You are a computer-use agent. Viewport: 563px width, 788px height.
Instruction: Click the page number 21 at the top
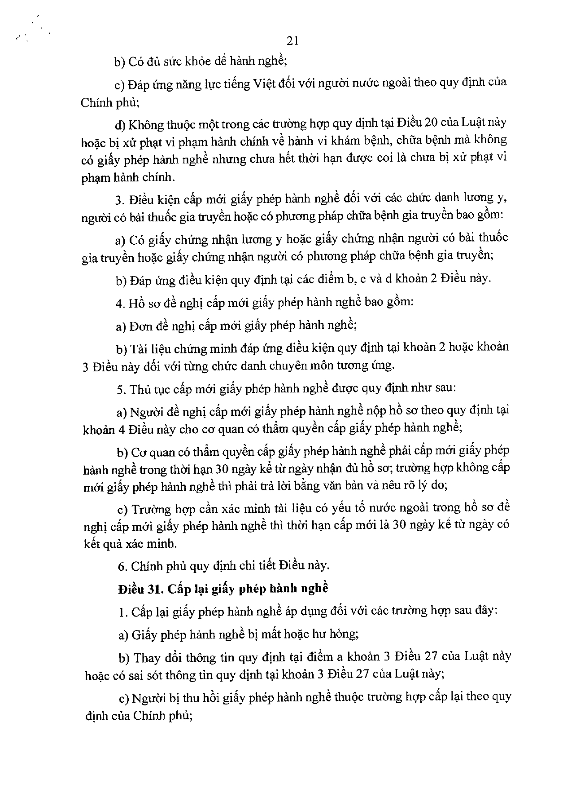292,41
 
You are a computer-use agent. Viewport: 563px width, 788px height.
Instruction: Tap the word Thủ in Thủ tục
140,389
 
